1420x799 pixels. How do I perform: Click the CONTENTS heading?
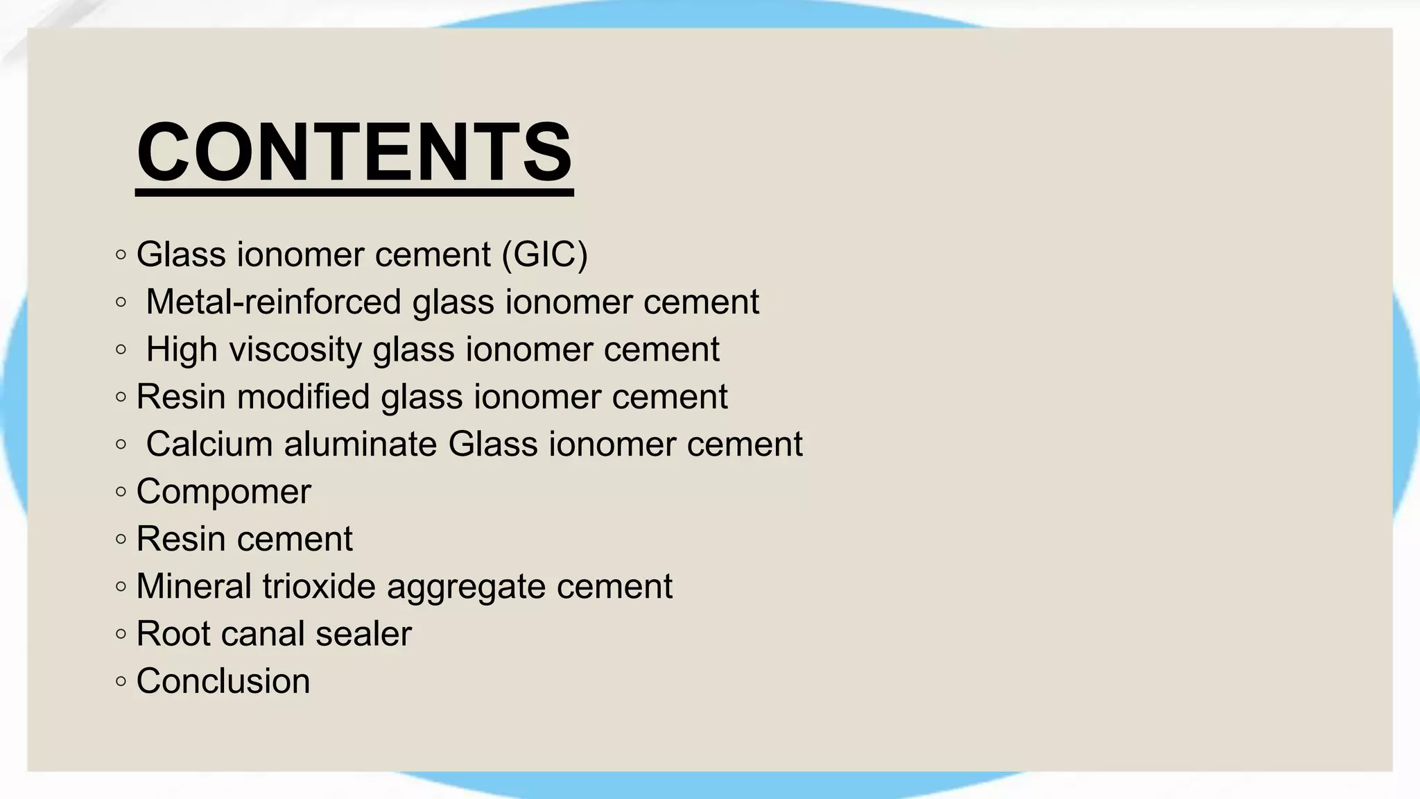pyautogui.click(x=354, y=151)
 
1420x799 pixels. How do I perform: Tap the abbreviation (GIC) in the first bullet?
pyautogui.click(x=544, y=254)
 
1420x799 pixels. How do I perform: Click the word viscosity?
pyautogui.click(x=295, y=349)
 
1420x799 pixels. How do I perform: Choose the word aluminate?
pyautogui.click(x=361, y=444)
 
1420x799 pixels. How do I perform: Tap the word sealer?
pyautogui.click(x=363, y=633)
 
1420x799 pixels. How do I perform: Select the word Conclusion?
pyautogui.click(x=223, y=681)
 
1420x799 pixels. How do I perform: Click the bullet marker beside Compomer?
pyautogui.click(x=121, y=492)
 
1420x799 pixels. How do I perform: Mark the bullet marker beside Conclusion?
pyautogui.click(x=121, y=681)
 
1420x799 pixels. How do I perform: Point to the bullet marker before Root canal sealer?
pyautogui.click(x=121, y=634)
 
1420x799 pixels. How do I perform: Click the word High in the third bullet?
pyautogui.click(x=182, y=349)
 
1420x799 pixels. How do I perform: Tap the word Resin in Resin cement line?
pyautogui.click(x=182, y=539)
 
